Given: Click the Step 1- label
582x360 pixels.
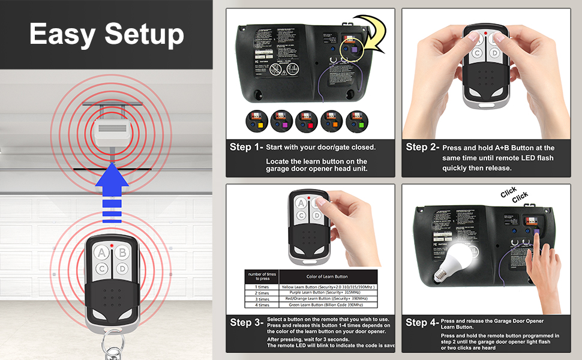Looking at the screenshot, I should click(247, 147).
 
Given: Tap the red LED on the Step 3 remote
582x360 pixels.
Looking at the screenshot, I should click(308, 197).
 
